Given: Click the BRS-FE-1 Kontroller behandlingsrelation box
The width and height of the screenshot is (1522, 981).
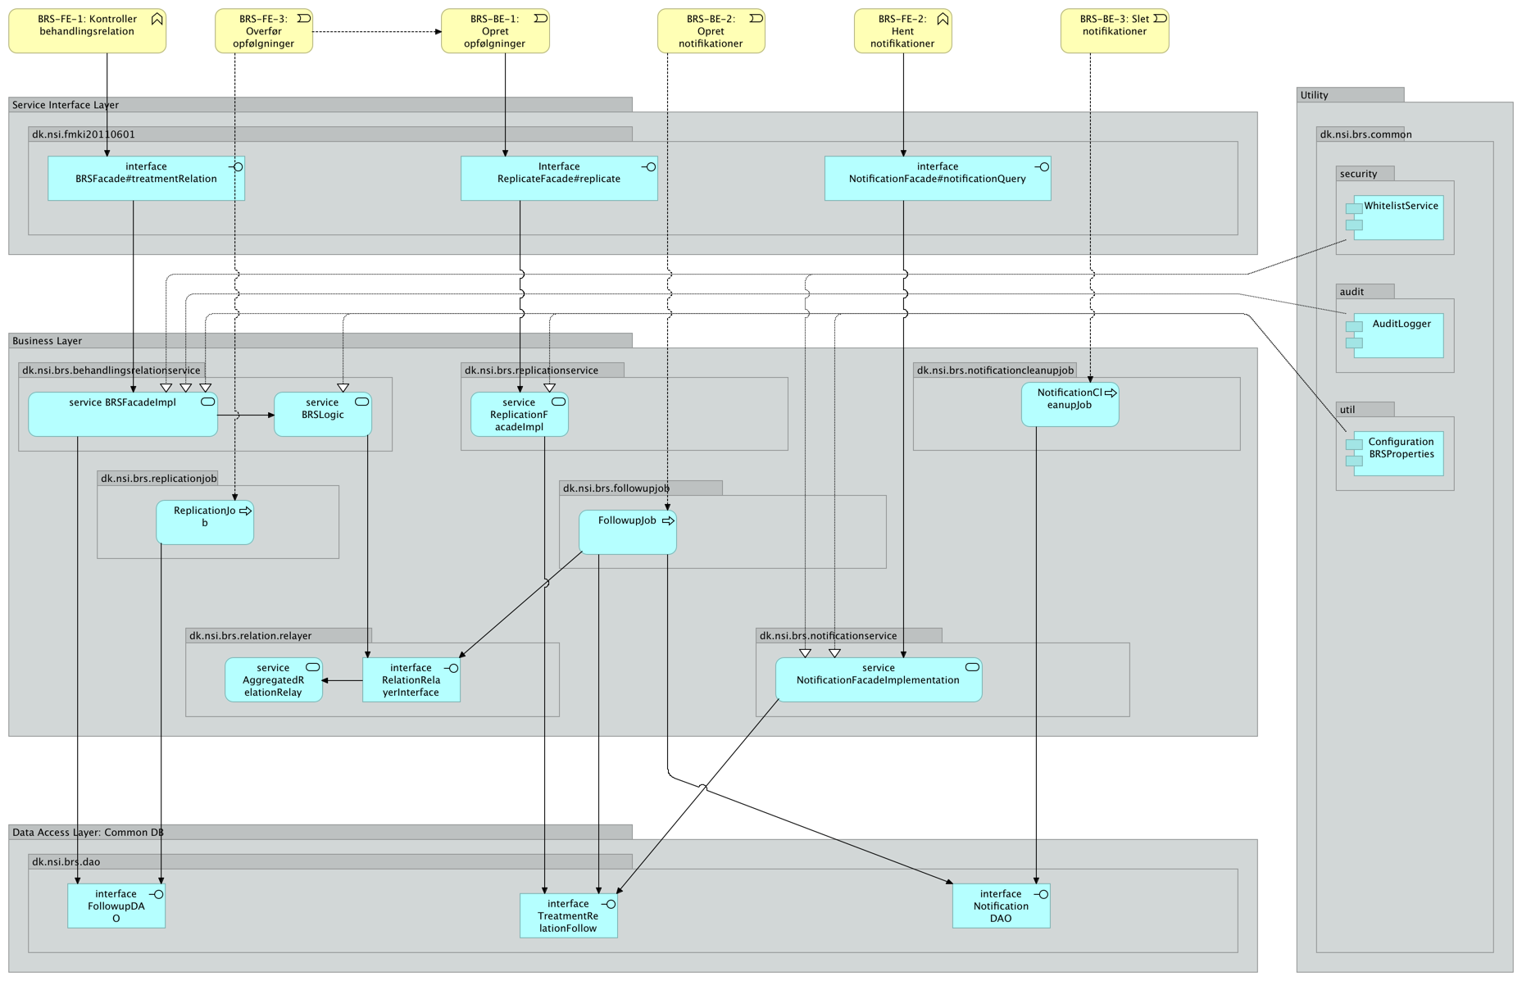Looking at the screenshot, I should (87, 31).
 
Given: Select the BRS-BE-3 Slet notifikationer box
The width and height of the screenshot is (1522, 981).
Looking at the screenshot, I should (1114, 31).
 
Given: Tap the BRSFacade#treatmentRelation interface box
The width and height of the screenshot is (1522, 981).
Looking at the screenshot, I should (146, 179).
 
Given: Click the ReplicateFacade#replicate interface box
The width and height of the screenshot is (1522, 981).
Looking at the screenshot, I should (558, 179).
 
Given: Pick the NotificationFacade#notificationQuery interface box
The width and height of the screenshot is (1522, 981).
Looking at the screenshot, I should (937, 179).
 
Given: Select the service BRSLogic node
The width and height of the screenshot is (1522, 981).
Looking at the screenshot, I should (322, 415).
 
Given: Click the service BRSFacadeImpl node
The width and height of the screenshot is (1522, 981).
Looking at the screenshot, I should (122, 415).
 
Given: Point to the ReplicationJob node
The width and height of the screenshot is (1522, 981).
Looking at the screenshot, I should (204, 523).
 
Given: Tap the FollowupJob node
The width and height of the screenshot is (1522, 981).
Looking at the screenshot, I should (627, 533).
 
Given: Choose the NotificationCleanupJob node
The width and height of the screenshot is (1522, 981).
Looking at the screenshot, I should (1069, 405).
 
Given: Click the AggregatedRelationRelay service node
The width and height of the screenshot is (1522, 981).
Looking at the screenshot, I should (273, 680).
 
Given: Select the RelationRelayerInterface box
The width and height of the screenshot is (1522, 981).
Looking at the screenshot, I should (411, 680).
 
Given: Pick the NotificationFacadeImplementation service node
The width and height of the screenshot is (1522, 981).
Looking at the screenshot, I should (878, 680).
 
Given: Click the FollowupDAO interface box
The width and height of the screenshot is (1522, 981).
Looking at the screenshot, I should (116, 906).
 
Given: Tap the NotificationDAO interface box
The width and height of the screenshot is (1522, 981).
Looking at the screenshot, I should (1000, 906).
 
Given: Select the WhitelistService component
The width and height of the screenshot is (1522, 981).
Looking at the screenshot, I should (1399, 218).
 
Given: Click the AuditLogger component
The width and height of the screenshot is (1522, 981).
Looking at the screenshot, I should (1399, 336).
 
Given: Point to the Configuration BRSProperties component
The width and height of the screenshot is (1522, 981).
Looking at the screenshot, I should (1399, 454).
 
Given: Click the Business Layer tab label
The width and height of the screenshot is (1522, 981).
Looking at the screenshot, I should (48, 341).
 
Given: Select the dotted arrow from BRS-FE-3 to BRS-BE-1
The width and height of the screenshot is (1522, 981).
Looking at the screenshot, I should (376, 32).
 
